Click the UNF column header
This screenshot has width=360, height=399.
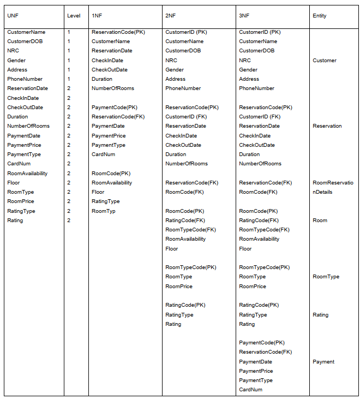point(13,16)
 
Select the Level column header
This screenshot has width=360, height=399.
point(74,16)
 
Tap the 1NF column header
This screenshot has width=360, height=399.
point(97,16)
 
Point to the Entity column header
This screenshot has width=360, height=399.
point(320,16)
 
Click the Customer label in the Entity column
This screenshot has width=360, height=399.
point(325,61)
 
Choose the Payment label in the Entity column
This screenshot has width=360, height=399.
point(323,362)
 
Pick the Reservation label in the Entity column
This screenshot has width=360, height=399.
point(327,126)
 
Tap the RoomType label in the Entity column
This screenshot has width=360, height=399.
point(326,277)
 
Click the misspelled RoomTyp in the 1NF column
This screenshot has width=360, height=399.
point(104,211)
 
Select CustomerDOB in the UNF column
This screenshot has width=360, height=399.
point(25,41)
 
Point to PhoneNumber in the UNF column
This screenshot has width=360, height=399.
point(25,79)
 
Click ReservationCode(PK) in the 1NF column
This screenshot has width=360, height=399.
point(118,32)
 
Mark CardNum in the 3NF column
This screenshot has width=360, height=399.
point(251,390)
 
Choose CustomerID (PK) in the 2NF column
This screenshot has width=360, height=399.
point(187,32)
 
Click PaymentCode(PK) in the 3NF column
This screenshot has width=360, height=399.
point(262,343)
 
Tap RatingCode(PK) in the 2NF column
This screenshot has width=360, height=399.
point(185,305)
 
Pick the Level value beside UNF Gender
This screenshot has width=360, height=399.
point(69,61)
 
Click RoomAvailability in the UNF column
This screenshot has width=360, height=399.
point(27,174)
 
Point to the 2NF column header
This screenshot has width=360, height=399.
point(170,16)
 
